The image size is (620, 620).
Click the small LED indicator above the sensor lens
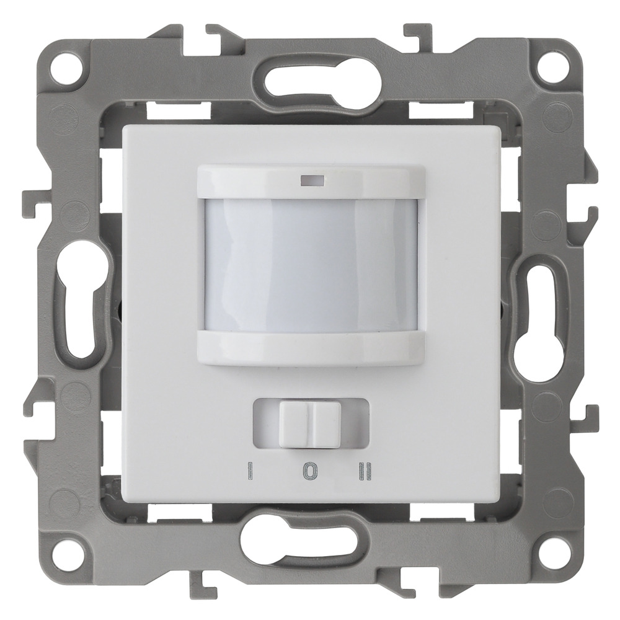click(x=312, y=181)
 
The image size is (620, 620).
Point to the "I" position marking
click(x=250, y=472)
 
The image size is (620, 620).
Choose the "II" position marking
click(x=365, y=472)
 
